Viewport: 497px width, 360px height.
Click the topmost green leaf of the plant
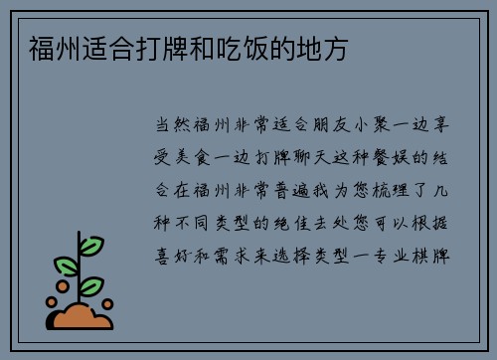[91, 245]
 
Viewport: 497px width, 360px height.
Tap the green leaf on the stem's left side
[67, 266]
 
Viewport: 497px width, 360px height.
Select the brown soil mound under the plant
[81, 316]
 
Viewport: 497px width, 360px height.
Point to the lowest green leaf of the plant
[92, 286]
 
